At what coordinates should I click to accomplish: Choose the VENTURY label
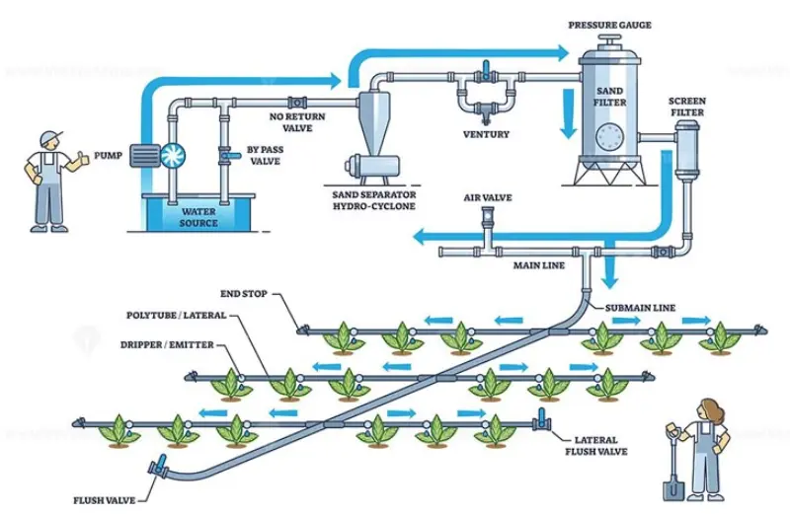click(x=486, y=132)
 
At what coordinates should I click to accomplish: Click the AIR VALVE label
click(x=487, y=197)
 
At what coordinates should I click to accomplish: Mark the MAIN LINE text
click(x=537, y=265)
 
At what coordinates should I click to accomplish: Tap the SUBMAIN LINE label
click(x=640, y=307)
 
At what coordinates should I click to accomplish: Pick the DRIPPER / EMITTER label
click(x=165, y=345)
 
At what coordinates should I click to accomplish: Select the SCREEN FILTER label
click(x=686, y=106)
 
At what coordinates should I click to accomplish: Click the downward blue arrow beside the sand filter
click(x=568, y=116)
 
